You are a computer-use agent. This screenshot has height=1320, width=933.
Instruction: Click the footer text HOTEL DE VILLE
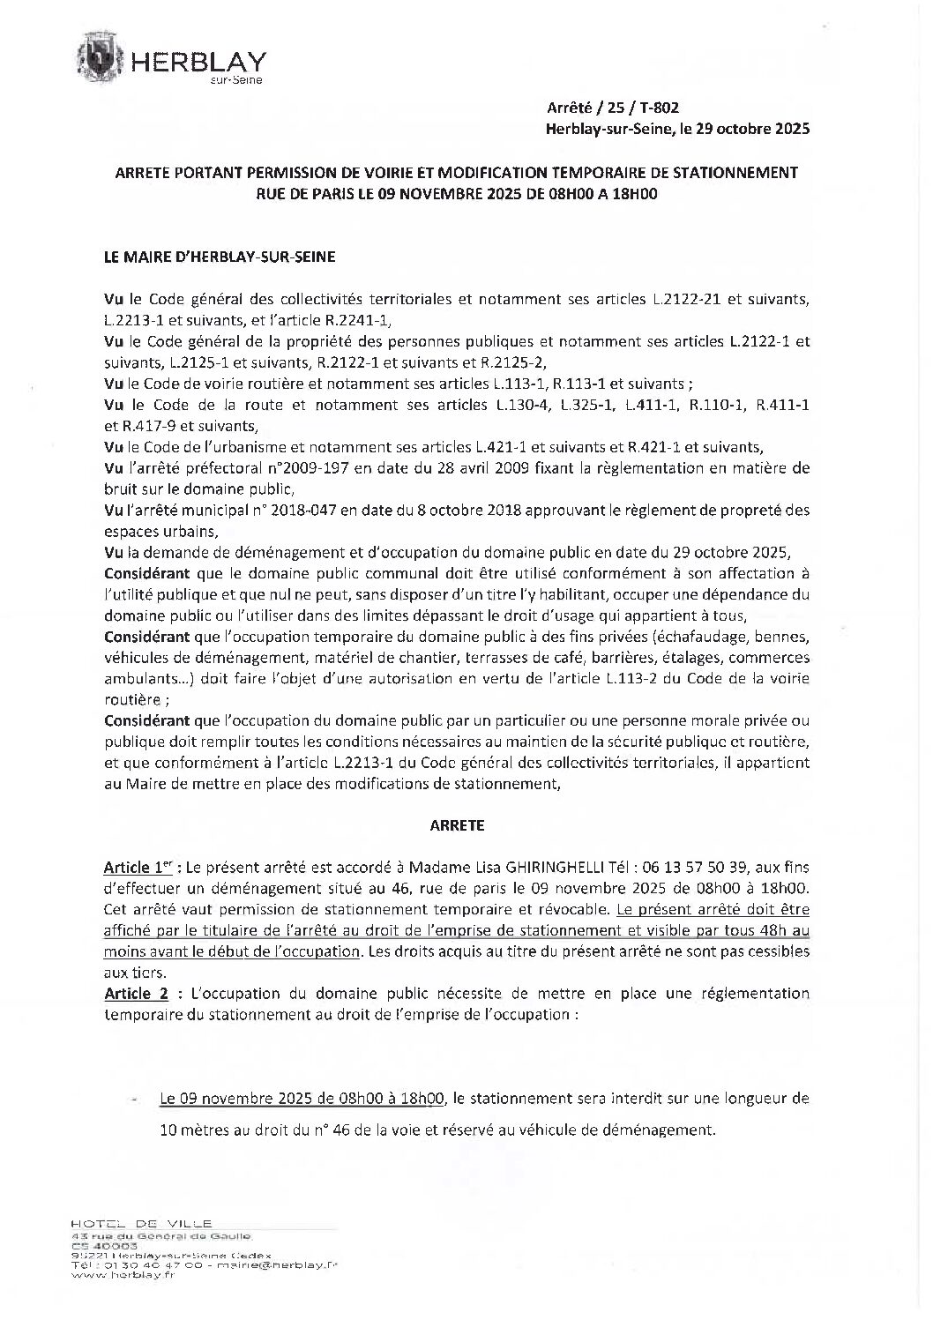tap(142, 1223)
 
